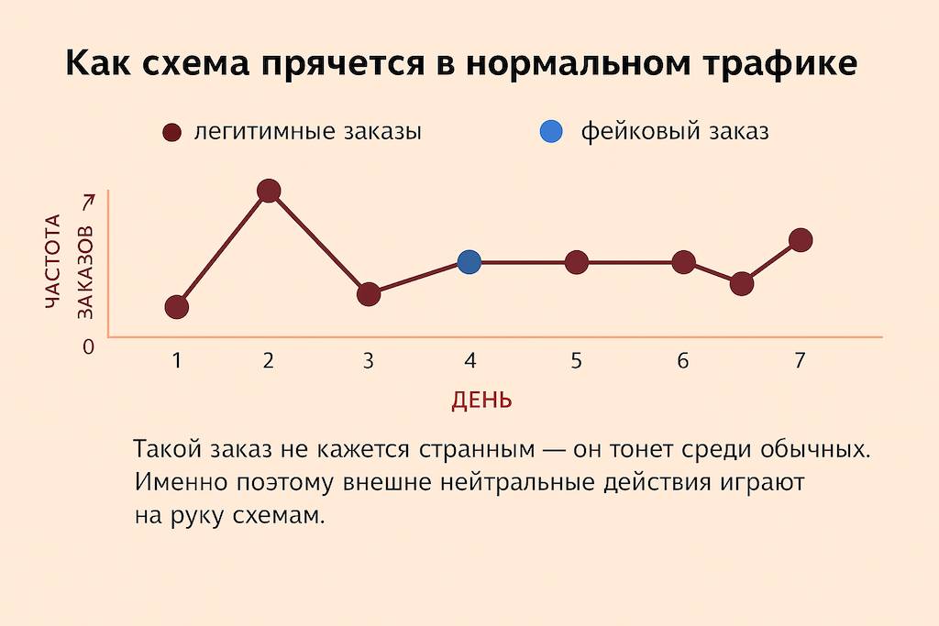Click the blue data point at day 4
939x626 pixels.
(x=469, y=263)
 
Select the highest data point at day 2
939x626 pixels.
(x=269, y=191)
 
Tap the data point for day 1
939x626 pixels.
(x=177, y=306)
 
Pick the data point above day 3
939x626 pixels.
(x=369, y=294)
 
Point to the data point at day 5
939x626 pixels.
(x=576, y=263)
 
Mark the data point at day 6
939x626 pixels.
(x=683, y=263)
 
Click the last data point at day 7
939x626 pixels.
(x=800, y=240)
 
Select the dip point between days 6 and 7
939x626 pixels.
(x=742, y=284)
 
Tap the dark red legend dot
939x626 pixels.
(x=171, y=132)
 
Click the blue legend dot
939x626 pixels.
(x=550, y=132)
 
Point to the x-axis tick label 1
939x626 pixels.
(x=177, y=360)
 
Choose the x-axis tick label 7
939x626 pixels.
(x=800, y=360)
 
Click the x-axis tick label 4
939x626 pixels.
(x=469, y=360)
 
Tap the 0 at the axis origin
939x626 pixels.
(x=89, y=347)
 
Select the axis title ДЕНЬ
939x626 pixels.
(x=481, y=401)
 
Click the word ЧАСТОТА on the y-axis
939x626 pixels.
(x=54, y=266)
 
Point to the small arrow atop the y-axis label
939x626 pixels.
(x=87, y=202)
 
